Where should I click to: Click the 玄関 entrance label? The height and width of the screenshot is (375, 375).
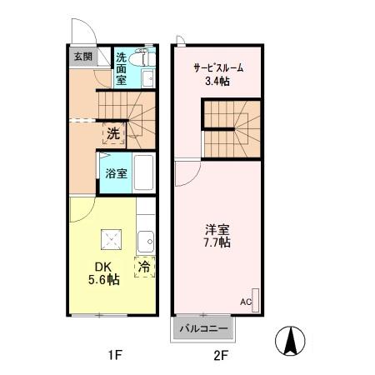(82, 57)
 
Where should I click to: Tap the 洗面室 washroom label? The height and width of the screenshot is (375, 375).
(122, 71)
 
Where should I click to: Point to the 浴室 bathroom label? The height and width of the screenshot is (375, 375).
(116, 173)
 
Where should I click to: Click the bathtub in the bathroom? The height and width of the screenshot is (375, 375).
(143, 173)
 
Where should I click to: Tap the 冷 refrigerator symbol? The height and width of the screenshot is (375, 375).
(143, 267)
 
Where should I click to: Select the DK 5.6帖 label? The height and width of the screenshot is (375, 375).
(103, 273)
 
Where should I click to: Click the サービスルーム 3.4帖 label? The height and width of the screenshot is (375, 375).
(218, 73)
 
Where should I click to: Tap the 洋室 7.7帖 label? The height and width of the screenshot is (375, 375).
(218, 235)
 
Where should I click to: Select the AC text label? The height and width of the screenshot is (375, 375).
(246, 302)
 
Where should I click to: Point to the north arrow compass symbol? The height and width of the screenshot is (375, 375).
(291, 339)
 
